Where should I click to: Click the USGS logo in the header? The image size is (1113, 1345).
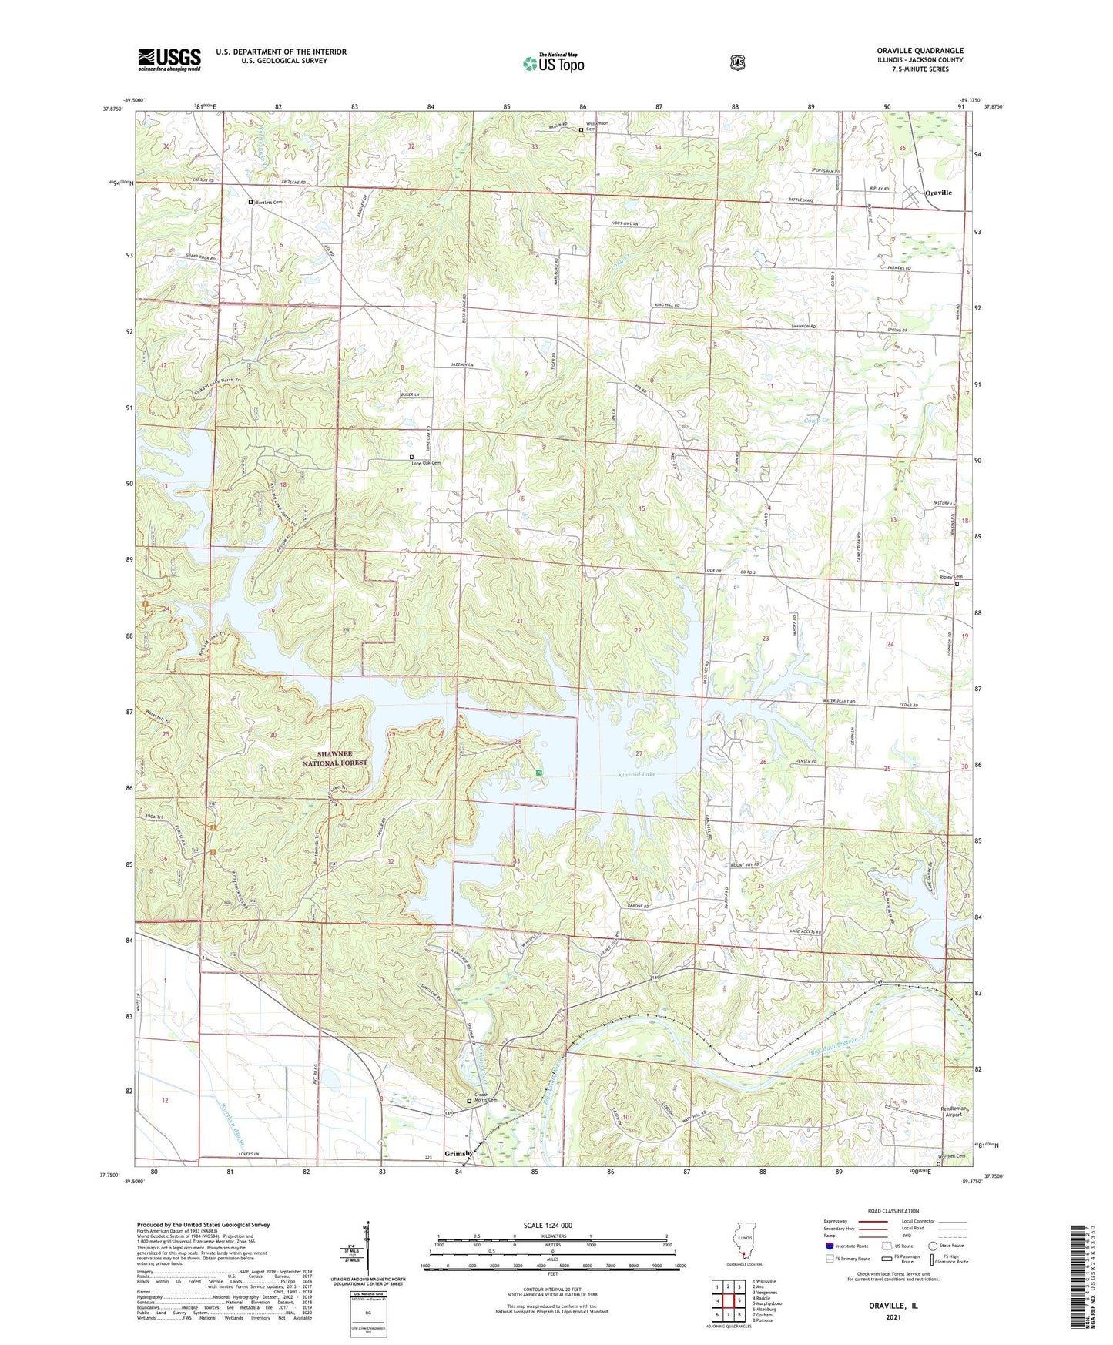pos(169,59)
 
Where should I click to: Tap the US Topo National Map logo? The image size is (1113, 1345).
pos(552,63)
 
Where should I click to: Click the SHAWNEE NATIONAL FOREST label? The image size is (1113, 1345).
pos(344,758)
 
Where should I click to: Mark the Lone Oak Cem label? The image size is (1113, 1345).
pos(429,462)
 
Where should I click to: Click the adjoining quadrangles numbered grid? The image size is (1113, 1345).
pos(727,1301)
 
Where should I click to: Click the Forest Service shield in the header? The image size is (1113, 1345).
pos(737,62)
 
